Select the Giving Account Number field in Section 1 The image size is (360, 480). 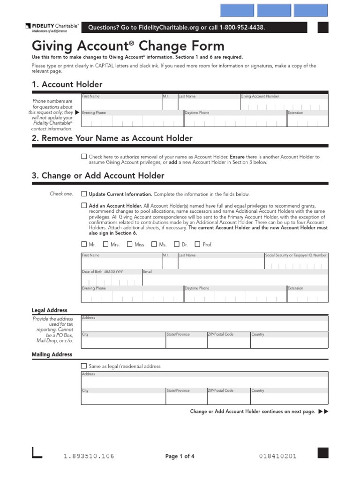(x=284, y=105)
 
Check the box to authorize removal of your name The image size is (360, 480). (x=84, y=157)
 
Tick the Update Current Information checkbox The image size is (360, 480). (x=84, y=194)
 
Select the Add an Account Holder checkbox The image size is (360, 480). (x=84, y=205)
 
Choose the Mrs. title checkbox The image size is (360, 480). (x=106, y=244)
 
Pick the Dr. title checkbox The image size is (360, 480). (x=177, y=244)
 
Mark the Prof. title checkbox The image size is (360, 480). (x=197, y=244)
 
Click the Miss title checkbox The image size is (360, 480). (x=130, y=244)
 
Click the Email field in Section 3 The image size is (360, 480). (x=234, y=279)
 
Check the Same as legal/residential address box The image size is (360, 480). (x=84, y=366)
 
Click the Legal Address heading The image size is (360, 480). (x=49, y=310)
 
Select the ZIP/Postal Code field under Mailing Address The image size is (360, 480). (x=228, y=398)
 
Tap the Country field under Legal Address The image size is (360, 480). (x=289, y=342)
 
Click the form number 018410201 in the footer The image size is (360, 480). (x=277, y=457)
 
